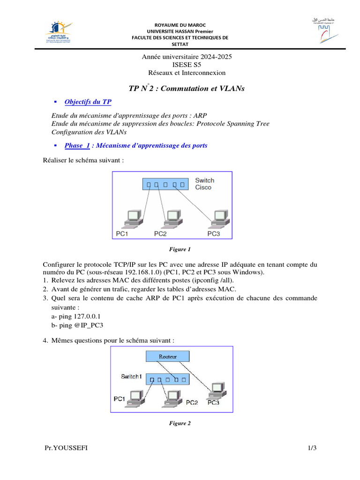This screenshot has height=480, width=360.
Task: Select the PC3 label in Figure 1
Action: (213, 233)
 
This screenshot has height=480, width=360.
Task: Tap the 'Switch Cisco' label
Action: (204, 184)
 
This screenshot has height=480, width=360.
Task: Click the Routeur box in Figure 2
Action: (168, 357)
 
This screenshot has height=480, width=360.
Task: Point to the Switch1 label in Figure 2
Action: (131, 376)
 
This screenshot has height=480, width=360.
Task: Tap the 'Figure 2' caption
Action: (180, 423)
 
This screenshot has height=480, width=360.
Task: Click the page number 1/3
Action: (312, 449)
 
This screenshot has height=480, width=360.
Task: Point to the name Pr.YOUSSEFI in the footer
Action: (66, 449)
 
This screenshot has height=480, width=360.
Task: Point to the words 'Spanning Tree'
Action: (248, 123)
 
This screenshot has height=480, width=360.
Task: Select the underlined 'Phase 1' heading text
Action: (77, 145)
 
